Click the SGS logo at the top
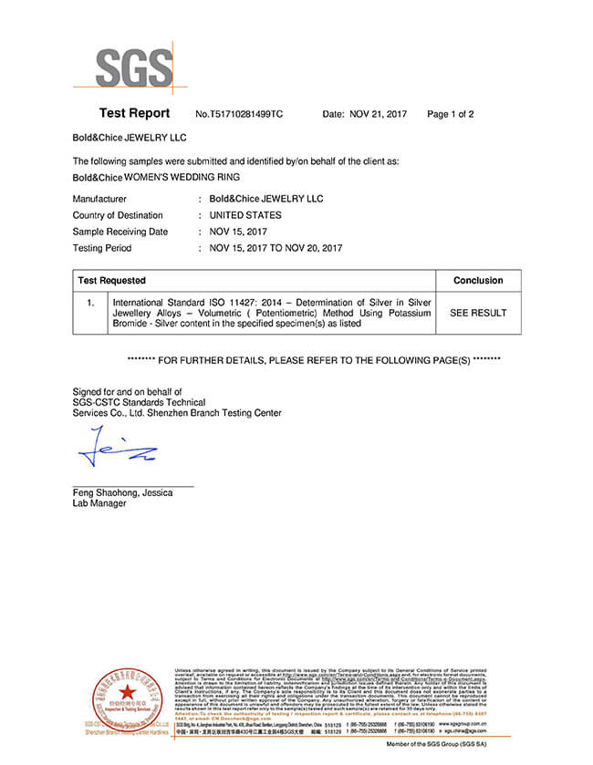click(x=134, y=67)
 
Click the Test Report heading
click(x=134, y=114)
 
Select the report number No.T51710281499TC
click(x=240, y=115)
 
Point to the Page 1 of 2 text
click(x=451, y=115)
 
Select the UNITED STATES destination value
click(x=245, y=215)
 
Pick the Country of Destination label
click(x=118, y=215)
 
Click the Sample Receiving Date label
click(x=120, y=232)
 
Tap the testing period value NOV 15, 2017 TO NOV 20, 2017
click(x=276, y=248)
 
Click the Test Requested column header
click(x=111, y=281)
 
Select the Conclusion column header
click(x=478, y=281)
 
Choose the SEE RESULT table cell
click(x=478, y=313)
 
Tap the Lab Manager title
click(x=99, y=503)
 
